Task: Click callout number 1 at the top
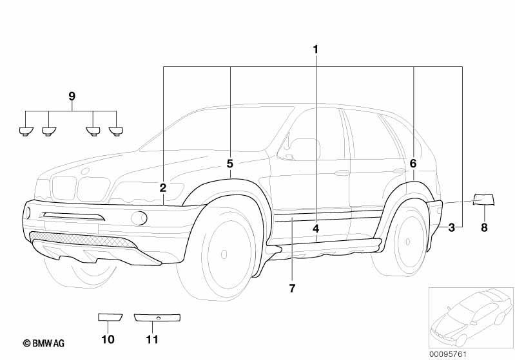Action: coord(315,50)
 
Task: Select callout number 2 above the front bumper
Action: coord(163,188)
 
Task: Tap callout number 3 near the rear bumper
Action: coord(452,227)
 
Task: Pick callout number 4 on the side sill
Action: coord(316,229)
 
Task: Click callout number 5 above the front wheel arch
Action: coord(230,164)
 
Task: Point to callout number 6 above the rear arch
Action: coord(413,163)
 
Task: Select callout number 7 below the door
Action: coord(292,289)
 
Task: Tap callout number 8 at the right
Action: coord(484,227)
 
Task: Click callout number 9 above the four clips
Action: coord(72,97)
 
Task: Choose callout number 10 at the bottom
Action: coord(108,339)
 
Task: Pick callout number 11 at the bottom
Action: coord(152,339)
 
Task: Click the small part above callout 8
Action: coord(483,200)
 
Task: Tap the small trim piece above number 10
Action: coord(110,317)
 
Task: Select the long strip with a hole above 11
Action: coord(157,317)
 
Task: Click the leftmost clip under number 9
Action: coord(26,131)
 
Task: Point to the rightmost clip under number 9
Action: coord(115,131)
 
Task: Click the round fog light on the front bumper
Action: coord(139,218)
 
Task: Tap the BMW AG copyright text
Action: coord(44,343)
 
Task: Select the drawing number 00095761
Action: coord(448,354)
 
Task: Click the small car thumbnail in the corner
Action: coord(471,317)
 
